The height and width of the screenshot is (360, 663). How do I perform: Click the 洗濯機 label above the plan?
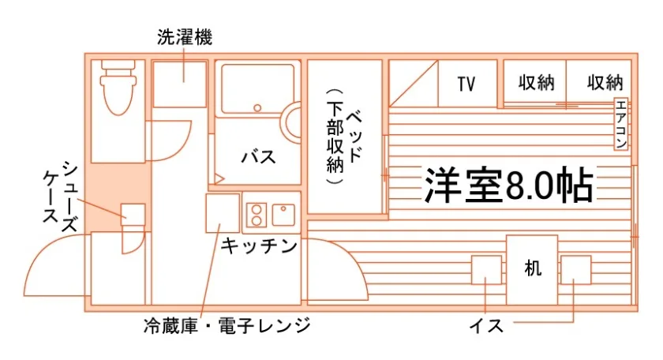(185, 37)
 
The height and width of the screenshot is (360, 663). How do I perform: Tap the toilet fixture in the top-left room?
(119, 84)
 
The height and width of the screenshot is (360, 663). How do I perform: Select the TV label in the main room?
(466, 83)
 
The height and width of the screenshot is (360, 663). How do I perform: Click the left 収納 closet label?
(537, 83)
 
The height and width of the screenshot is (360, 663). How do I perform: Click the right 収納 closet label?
(605, 83)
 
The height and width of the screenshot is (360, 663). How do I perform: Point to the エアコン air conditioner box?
(621, 125)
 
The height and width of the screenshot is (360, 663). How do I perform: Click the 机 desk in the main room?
(532, 269)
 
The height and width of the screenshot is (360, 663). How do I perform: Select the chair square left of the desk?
(485, 270)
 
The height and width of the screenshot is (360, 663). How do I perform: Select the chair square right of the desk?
(575, 270)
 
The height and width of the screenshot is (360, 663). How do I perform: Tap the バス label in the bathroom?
(258, 156)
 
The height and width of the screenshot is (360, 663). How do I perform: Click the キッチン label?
(259, 246)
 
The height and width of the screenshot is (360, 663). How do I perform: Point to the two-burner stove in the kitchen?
(256, 214)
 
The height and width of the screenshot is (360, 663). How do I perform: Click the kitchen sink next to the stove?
(283, 213)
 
